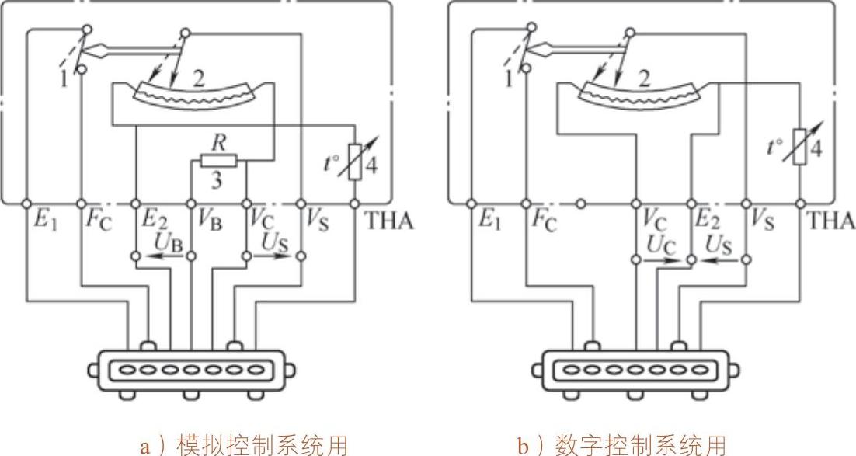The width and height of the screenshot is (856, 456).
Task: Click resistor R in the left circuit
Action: point(219,161)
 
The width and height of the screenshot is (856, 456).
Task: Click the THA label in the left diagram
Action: point(391,220)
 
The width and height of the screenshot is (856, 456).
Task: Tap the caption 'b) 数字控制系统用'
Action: point(621,444)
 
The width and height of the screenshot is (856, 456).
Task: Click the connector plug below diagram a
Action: point(190,370)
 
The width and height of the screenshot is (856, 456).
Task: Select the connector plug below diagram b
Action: point(635,370)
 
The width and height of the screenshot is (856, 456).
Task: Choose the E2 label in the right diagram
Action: point(704,220)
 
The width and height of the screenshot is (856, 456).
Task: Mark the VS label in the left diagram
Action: point(317,220)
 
